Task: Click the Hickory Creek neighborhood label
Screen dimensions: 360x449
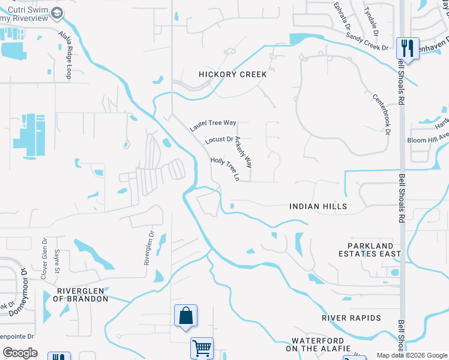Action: [232, 74]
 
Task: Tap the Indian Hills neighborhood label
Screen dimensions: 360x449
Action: [318, 206]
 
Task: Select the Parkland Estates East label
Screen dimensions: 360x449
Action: [375, 250]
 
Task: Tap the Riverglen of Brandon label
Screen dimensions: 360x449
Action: [82, 294]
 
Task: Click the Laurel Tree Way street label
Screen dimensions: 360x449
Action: [213, 124]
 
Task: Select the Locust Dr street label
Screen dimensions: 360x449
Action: [218, 140]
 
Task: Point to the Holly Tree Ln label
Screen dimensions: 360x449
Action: [225, 169]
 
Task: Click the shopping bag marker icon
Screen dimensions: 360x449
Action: [185, 315]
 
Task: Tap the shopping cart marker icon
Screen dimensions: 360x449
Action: [202, 347]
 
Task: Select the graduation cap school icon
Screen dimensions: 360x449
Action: [58, 13]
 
